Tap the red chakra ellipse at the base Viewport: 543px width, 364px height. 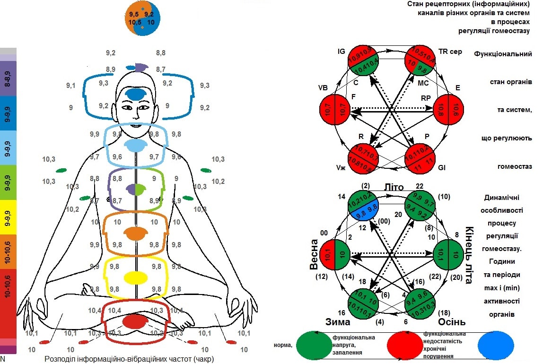pos(136,321)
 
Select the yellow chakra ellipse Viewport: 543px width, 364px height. pos(136,277)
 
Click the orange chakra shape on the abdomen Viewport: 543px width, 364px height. pos(136,233)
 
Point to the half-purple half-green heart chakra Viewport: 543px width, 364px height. pos(136,190)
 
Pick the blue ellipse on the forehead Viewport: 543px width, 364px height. pos(136,94)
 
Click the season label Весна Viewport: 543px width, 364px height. pos(314,257)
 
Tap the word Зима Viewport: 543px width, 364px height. pos(337,322)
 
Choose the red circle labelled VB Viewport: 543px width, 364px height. pos(335,111)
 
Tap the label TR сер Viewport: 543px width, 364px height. pos(450,52)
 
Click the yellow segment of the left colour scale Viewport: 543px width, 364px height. pos(8,217)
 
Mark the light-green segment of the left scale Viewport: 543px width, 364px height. pos(8,182)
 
